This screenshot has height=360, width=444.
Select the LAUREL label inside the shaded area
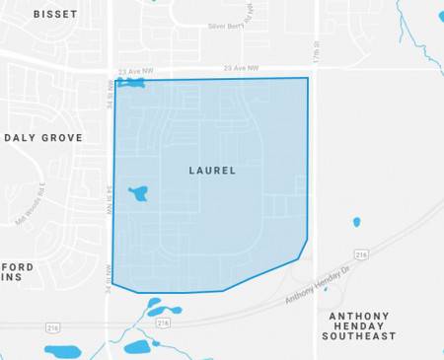pyautogui.click(x=211, y=171)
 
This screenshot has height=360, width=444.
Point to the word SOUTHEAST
pyautogui.click(x=358, y=336)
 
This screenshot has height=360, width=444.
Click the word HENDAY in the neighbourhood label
pyautogui.click(x=359, y=325)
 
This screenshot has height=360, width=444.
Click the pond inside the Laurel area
pyautogui.click(x=139, y=192)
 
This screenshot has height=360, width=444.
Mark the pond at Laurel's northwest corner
pyautogui.click(x=129, y=83)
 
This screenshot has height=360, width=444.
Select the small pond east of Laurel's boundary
pyautogui.click(x=354, y=222)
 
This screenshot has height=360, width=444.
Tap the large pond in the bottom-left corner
pyautogui.click(x=66, y=351)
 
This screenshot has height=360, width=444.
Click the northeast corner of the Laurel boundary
pyautogui.click(x=308, y=78)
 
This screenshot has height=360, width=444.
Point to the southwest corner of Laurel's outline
pyautogui.click(x=112, y=284)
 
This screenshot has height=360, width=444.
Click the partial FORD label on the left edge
pyautogui.click(x=18, y=267)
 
